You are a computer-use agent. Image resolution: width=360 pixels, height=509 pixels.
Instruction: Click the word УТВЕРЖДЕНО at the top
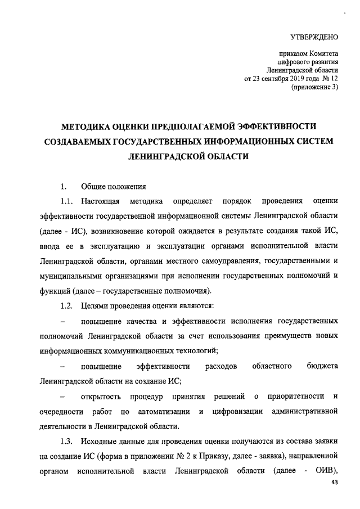[313, 38]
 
